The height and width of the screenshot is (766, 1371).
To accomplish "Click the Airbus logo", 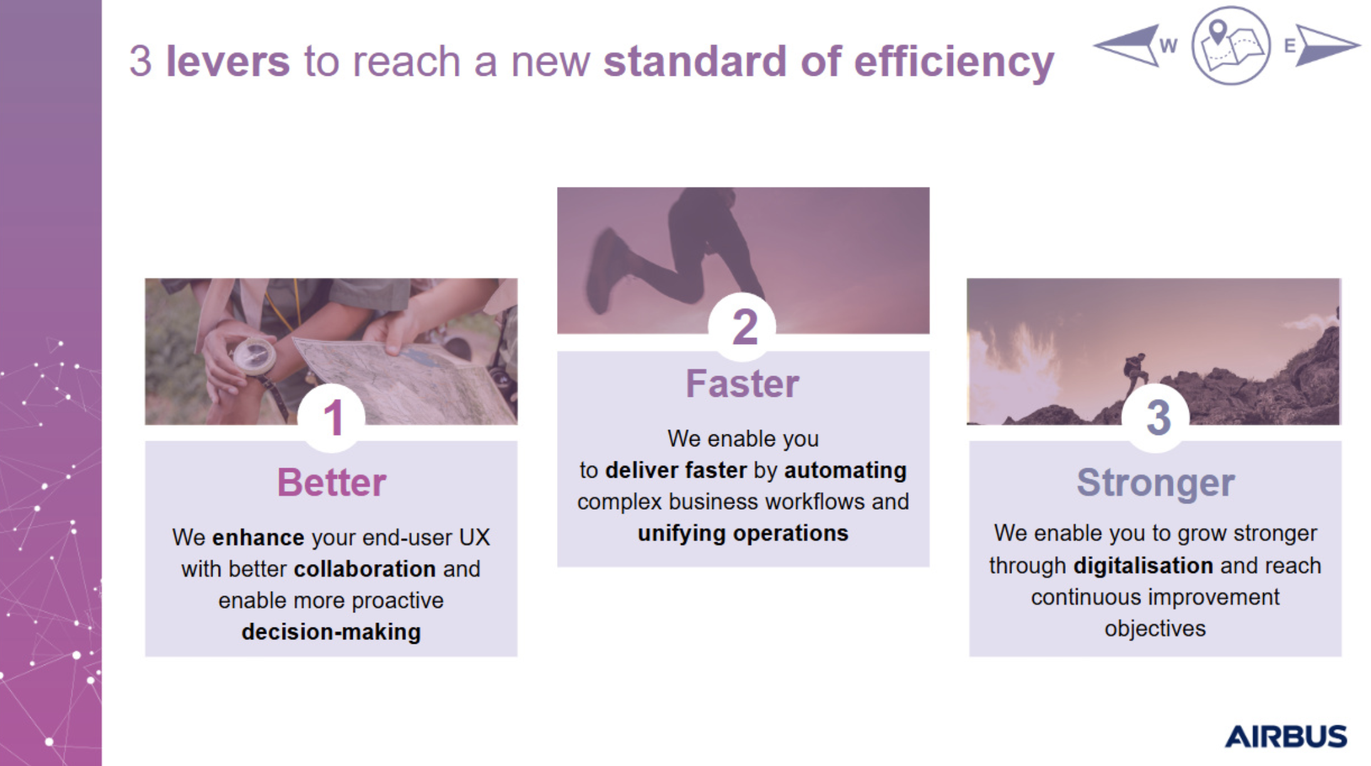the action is [1286, 737].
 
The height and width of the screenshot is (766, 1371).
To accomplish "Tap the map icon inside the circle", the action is [1231, 45].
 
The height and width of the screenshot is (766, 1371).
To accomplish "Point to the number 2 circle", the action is [743, 327].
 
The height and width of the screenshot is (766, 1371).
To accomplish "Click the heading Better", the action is [331, 483].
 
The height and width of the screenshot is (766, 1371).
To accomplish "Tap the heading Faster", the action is [743, 384].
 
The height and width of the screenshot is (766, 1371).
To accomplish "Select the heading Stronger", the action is [1155, 483].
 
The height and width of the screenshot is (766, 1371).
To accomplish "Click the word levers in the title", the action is [227, 61].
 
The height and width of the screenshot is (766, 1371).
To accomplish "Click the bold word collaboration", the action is [365, 569].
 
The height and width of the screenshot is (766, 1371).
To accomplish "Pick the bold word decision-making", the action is [331, 632].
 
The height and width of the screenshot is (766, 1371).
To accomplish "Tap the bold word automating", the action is [845, 470].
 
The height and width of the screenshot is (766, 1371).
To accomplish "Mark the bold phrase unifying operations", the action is [743, 533].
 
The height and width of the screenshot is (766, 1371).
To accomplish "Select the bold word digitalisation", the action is [1144, 565].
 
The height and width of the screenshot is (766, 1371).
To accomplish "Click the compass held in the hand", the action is [254, 357].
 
